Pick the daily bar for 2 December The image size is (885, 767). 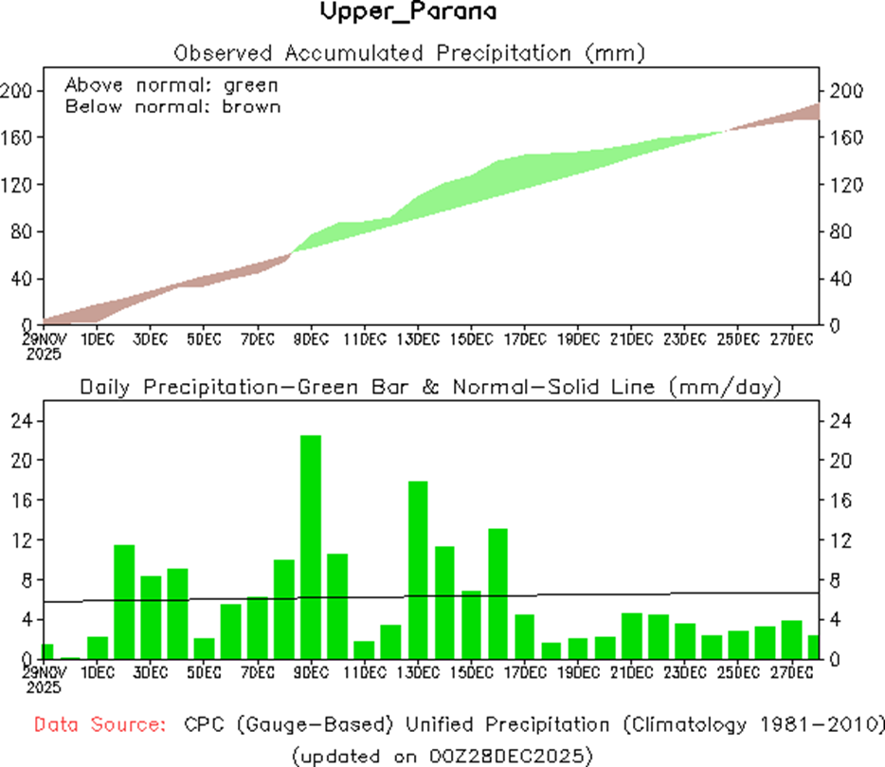[x=124, y=601]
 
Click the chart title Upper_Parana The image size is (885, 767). [x=408, y=12]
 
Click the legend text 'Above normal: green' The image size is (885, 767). [x=172, y=85]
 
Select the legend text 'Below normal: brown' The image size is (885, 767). [x=172, y=106]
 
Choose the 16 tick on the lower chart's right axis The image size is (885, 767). [x=837, y=500]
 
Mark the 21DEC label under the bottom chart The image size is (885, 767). [x=632, y=673]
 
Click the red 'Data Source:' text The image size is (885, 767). [x=100, y=725]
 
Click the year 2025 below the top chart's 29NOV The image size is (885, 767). [x=44, y=355]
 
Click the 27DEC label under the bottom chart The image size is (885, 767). [x=791, y=673]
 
